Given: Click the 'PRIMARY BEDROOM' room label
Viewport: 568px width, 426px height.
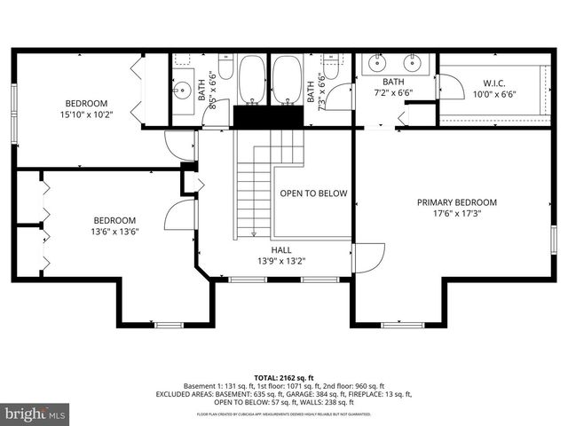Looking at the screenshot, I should [x=456, y=202].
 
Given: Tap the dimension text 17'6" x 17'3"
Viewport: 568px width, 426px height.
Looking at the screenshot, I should [x=456, y=214].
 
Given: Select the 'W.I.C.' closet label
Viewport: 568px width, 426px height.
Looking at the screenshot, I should [x=494, y=83].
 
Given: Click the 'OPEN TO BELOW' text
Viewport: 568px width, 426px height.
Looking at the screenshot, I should [x=313, y=193].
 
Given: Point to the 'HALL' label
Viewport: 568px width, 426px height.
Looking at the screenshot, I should [x=281, y=250].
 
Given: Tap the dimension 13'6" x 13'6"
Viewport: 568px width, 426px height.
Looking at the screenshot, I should [x=115, y=232].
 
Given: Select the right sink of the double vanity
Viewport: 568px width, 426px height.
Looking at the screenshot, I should [x=413, y=64].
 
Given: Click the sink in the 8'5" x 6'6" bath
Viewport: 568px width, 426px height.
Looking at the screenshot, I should [x=183, y=89].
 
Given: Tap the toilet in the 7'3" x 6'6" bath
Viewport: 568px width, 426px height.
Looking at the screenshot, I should [x=330, y=68].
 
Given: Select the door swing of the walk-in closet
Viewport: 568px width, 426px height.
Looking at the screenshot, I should [x=451, y=87].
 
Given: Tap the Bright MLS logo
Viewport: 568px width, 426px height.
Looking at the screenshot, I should [x=35, y=414].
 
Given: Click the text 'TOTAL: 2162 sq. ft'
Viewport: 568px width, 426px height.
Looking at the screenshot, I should [x=283, y=377].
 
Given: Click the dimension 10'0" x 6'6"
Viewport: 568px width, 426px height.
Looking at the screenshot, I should [x=494, y=94].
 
